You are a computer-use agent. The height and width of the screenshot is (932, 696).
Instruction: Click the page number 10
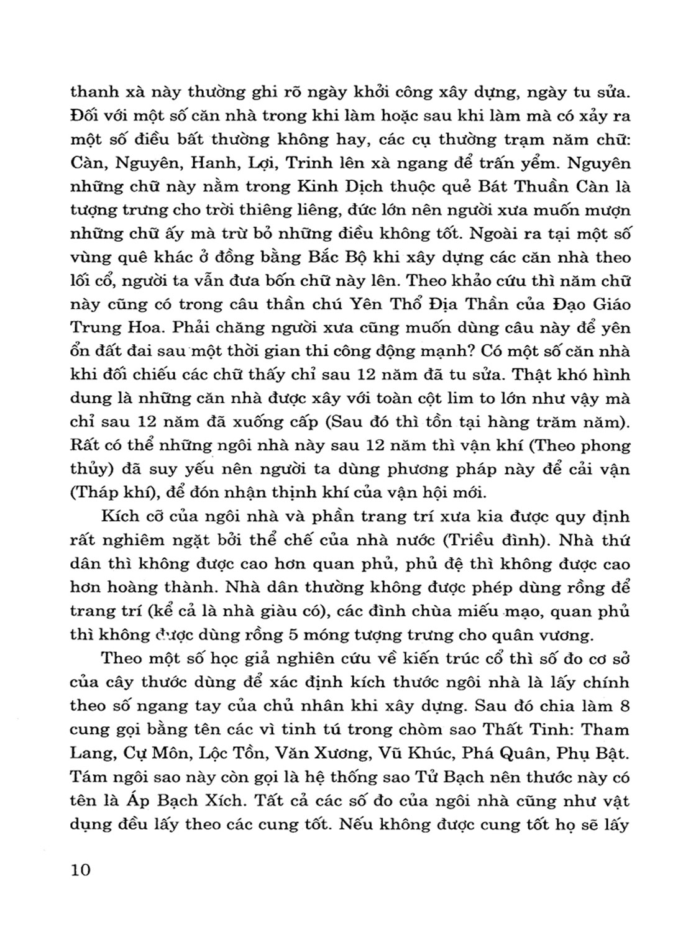point(81,869)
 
